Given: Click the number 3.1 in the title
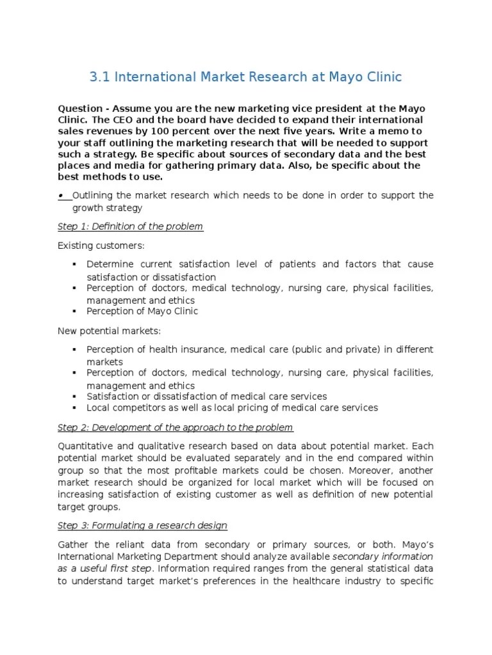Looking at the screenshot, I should [98, 77].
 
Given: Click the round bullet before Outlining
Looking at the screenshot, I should [60, 195].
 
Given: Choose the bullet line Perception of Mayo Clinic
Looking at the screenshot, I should [142, 311].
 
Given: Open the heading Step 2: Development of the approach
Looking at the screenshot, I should [175, 427].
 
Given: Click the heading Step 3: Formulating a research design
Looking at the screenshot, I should [142, 525].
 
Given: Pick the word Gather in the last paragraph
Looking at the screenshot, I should [74, 544].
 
